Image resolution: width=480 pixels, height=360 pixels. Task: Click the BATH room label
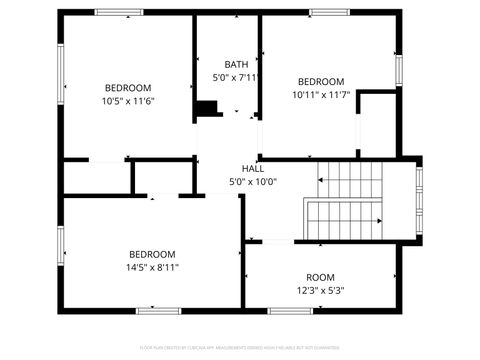[x=236, y=63]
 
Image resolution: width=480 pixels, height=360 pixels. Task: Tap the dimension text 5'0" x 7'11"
[x=236, y=77]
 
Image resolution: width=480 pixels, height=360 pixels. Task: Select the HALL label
[x=253, y=168]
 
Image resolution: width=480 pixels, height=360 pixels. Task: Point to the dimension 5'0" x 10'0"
[x=253, y=182]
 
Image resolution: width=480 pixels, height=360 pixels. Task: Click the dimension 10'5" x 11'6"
[x=128, y=101]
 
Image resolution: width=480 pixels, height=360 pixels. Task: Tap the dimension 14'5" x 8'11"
[x=152, y=267]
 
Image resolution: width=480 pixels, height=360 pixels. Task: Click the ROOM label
[x=320, y=277]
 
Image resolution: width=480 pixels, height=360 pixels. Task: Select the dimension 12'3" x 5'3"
[x=320, y=291]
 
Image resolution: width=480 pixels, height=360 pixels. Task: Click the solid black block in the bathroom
[x=207, y=108]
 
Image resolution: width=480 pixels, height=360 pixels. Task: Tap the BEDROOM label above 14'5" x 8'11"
[x=152, y=253]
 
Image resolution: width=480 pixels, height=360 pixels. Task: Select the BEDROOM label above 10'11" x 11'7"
[x=320, y=82]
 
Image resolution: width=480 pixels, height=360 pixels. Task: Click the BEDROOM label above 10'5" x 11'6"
[x=128, y=87]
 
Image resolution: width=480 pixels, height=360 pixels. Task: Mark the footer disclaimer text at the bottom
[x=240, y=348]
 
